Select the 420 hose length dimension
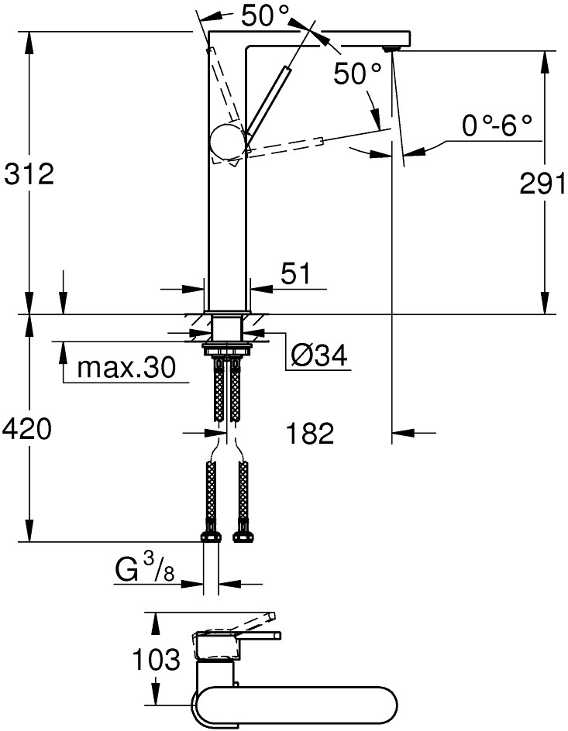29,427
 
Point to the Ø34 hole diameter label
318,355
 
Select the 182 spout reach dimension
308,433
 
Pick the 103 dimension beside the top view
156,660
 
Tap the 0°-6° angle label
497,125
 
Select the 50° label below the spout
357,74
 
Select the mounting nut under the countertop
227,348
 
